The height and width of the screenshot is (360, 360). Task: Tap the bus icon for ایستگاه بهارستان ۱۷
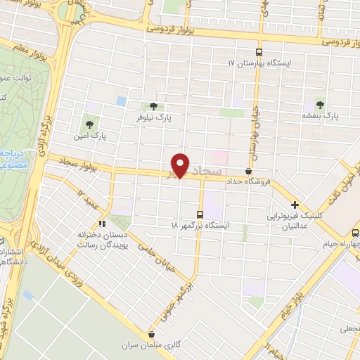(x=259, y=52)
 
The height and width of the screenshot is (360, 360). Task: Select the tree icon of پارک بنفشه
(x=322, y=104)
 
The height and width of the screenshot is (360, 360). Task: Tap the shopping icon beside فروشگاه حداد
(x=248, y=171)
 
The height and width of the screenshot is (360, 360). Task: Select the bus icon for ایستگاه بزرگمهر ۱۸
(x=200, y=214)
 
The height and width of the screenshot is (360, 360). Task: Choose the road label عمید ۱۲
(x=88, y=197)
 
